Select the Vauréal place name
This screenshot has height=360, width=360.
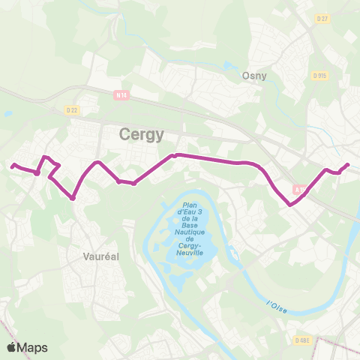(x=100, y=256)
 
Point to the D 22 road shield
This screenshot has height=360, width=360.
(x=72, y=110)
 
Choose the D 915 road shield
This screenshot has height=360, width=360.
(x=320, y=75)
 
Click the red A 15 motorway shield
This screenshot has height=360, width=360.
(x=299, y=190)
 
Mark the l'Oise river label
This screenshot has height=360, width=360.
(x=277, y=305)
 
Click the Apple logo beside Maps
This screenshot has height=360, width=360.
(x=12, y=347)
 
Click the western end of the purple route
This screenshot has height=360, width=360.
(x=13, y=165)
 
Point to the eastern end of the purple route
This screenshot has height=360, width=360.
(x=347, y=164)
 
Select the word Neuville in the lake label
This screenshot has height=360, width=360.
(x=188, y=253)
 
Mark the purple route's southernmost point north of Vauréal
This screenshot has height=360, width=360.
(x=72, y=198)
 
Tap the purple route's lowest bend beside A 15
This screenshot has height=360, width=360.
(x=289, y=203)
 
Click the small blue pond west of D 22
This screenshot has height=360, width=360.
(x=7, y=113)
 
